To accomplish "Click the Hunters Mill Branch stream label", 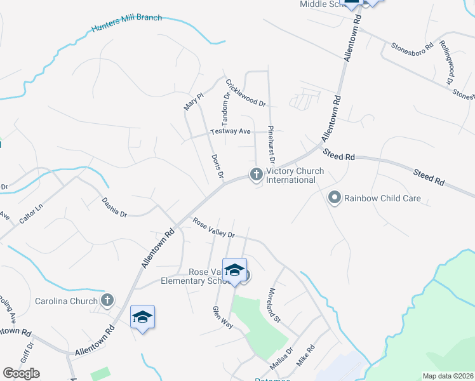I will pyautogui.click(x=126, y=23).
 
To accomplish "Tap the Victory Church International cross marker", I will pyautogui.click(x=257, y=173).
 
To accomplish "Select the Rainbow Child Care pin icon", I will pyautogui.click(x=335, y=198).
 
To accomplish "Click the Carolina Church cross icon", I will pyautogui.click(x=108, y=300).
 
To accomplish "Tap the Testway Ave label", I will pyautogui.click(x=231, y=131).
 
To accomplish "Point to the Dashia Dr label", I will pyautogui.click(x=114, y=207).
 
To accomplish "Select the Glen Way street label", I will pyautogui.click(x=224, y=317).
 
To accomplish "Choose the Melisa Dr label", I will pyautogui.click(x=281, y=359).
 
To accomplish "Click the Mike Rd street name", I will pyautogui.click(x=306, y=353).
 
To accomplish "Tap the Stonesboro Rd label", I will pyautogui.click(x=411, y=46).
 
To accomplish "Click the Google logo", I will pyautogui.click(x=21, y=373).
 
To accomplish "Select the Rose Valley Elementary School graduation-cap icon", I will pyautogui.click(x=234, y=270).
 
